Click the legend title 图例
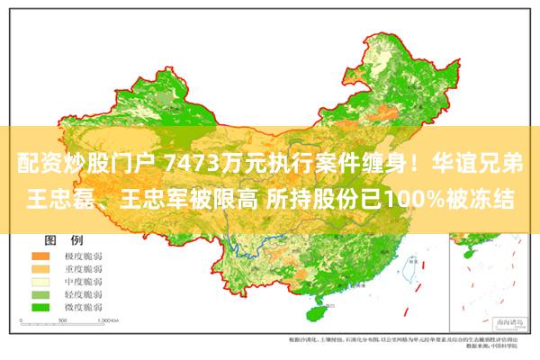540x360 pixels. (63, 240)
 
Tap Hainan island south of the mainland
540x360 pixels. (318, 314)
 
